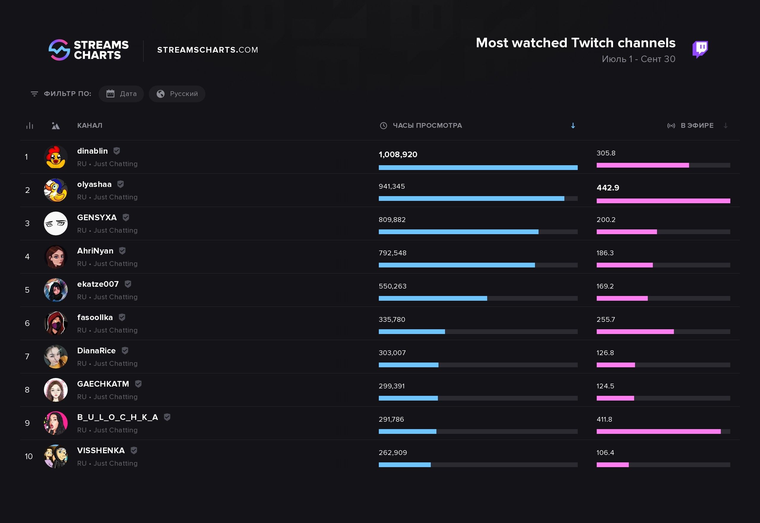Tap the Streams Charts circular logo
[59, 50]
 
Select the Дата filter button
[121, 94]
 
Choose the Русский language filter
[177, 94]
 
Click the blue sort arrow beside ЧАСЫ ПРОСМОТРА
[573, 126]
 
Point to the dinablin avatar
[56, 157]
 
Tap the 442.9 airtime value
[608, 188]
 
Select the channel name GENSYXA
[97, 218]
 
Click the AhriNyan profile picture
[56, 257]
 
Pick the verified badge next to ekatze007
[128, 284]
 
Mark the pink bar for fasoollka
[635, 332]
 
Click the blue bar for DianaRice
[408, 365]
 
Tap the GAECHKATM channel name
[103, 384]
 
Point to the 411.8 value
[604, 420]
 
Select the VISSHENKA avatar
[56, 456]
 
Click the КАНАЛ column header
[90, 125]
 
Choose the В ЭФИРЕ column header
[697, 125]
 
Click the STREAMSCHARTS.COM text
[208, 50]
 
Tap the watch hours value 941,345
[392, 186]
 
